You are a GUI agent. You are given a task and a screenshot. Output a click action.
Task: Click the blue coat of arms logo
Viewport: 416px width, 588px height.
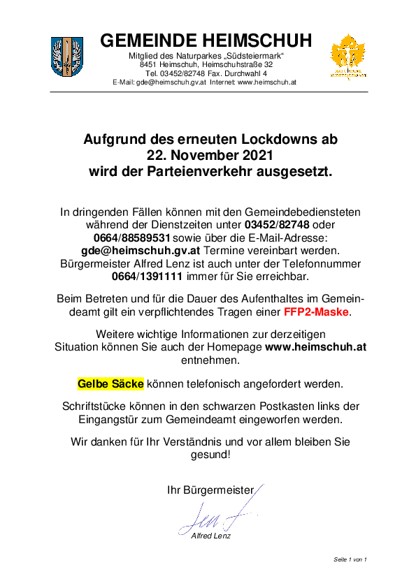[67, 57]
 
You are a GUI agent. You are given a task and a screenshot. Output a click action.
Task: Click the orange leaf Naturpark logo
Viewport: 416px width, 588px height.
[347, 57]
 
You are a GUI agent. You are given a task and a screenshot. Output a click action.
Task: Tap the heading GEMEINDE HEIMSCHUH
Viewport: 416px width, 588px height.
[206, 41]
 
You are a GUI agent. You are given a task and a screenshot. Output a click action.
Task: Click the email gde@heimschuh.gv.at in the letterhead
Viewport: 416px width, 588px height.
[171, 82]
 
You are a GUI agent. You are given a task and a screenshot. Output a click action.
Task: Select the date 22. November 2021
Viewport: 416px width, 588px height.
[210, 155]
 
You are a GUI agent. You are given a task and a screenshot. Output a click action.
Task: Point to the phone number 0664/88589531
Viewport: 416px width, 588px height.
[131, 237]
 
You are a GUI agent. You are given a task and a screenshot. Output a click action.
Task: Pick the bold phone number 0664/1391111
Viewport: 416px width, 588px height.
[148, 277]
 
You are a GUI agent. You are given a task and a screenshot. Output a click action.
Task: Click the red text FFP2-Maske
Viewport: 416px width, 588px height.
[316, 311]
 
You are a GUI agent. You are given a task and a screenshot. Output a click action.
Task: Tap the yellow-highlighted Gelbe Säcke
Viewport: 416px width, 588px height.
[110, 384]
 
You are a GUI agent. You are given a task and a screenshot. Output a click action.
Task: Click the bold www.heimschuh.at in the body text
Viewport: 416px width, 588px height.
[316, 347]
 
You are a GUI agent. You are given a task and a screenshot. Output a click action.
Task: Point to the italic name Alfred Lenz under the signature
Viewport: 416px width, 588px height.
[210, 536]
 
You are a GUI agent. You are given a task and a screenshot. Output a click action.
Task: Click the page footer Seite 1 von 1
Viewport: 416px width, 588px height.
[350, 559]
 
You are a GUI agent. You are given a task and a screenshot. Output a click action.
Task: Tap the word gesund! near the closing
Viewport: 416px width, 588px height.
[210, 455]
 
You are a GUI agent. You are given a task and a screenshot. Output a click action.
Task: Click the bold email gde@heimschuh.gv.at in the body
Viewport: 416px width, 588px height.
[141, 251]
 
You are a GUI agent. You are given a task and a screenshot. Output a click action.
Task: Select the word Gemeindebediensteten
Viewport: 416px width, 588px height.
[303, 212]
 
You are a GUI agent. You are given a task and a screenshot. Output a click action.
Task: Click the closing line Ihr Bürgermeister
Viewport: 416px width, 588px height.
[210, 490]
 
